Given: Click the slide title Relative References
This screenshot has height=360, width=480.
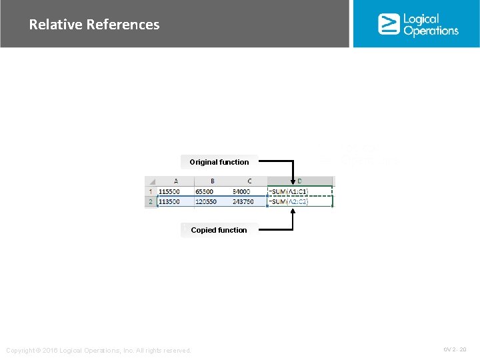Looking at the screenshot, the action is point(94,25).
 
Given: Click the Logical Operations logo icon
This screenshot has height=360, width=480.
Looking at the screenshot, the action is point(388,24).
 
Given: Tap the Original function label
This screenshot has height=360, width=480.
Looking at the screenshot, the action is point(219,162).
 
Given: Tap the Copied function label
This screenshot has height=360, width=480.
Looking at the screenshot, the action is point(219,230).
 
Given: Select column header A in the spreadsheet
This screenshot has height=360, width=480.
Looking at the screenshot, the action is point(175,181).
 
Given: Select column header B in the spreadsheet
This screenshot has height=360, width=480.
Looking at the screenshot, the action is point(212,181).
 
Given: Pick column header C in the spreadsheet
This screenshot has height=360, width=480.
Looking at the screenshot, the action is point(249,181).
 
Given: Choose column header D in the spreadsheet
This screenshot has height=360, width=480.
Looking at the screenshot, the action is point(299,181).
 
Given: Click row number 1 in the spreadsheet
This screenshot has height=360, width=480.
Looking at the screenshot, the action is point(151,191).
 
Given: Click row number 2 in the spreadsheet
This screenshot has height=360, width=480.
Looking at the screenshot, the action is point(151,201).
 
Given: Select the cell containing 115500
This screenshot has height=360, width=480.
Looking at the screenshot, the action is point(170,191).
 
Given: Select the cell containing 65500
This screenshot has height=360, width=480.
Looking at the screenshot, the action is point(205,191).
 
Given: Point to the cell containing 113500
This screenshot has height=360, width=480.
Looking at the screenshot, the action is point(170,201).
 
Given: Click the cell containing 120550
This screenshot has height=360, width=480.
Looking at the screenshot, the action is point(207,201).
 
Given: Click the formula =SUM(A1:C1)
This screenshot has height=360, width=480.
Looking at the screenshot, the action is point(288,191).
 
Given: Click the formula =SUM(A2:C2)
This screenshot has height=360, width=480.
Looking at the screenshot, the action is point(288,201).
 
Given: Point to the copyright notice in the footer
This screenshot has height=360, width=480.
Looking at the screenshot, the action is point(98,351).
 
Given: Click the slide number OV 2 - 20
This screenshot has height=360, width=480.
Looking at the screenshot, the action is point(455,349).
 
